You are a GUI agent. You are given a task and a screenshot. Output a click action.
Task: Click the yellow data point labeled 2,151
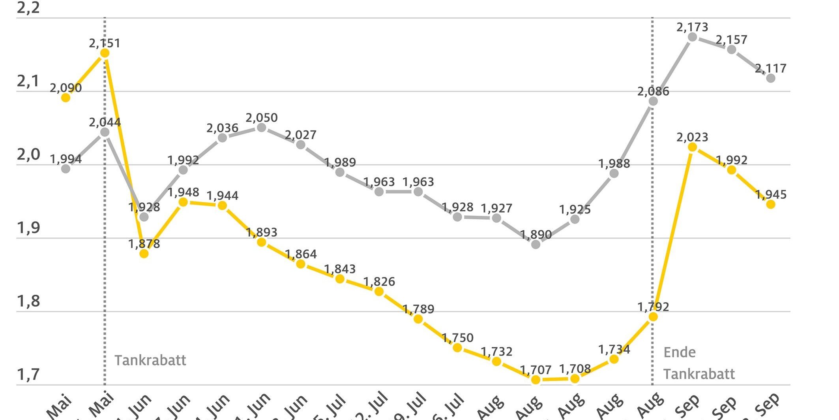(x=105, y=53)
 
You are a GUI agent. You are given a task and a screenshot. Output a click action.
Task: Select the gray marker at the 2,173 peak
(x=692, y=37)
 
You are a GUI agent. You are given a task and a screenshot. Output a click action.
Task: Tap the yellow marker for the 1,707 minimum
(x=536, y=380)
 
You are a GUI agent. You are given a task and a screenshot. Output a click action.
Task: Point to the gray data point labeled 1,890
(x=536, y=244)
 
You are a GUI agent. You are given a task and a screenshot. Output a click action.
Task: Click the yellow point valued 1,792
(x=653, y=316)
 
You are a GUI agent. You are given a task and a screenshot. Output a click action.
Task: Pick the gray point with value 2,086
(x=653, y=101)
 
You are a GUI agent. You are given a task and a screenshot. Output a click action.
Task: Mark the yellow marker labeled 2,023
(x=692, y=147)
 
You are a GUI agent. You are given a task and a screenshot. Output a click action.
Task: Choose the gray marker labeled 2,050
(x=261, y=127)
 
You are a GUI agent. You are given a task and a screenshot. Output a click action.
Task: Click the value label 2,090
(x=66, y=88)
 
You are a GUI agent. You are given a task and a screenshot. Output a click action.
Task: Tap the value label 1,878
(x=144, y=244)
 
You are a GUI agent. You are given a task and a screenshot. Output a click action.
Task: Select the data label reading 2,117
(x=770, y=68)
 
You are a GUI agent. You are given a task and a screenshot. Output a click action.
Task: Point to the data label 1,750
(x=457, y=338)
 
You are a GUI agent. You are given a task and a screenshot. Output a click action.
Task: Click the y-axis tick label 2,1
(x=28, y=81)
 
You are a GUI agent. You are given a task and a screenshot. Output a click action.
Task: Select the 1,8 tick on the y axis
(x=28, y=301)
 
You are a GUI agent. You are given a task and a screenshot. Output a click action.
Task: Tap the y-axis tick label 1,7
(x=28, y=374)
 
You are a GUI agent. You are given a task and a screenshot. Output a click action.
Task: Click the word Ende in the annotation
(x=679, y=352)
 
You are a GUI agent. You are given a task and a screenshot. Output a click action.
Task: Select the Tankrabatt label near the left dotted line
(x=150, y=360)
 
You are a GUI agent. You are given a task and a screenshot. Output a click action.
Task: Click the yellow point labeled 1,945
(x=770, y=204)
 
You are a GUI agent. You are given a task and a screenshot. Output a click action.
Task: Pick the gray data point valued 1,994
(x=66, y=169)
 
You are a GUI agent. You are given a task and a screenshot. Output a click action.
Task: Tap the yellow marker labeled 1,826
(x=379, y=292)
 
